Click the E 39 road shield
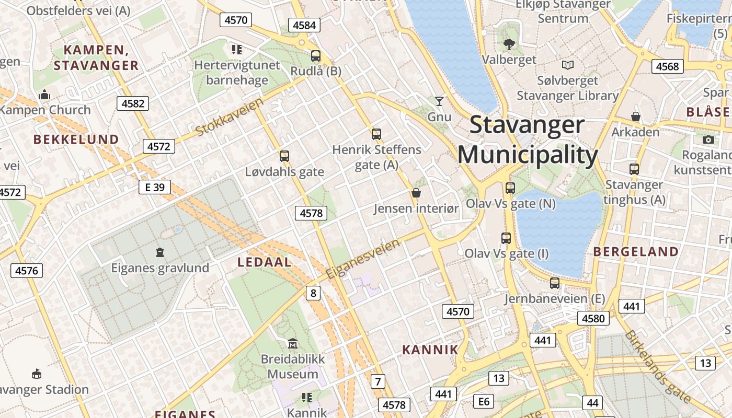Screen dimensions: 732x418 coord(155,187)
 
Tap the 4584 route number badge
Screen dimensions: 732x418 coord(304,25)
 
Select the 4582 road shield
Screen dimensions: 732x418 coord(133,103)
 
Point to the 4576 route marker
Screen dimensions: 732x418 coord(27,270)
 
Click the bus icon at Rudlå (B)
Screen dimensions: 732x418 coord(315,56)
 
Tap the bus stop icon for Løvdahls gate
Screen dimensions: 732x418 coord(284,156)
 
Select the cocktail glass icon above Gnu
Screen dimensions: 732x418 coord(439,101)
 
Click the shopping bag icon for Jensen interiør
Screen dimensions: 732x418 coord(416,193)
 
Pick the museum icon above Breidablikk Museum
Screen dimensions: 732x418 coord(293,344)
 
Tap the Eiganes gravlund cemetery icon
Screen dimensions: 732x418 coord(160,252)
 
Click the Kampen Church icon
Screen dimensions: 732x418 coord(44,95)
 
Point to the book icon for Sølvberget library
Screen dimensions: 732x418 coord(567,65)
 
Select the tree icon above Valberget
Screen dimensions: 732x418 coord(509,44)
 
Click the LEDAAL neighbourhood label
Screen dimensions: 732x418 coord(265,262)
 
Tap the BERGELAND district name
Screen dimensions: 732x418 coord(636,251)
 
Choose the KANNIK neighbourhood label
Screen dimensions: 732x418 coord(430,350)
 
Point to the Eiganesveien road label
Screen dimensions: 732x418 coord(363,259)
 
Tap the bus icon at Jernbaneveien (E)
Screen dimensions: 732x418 coord(555,283)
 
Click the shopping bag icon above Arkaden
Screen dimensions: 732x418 coord(636,116)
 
